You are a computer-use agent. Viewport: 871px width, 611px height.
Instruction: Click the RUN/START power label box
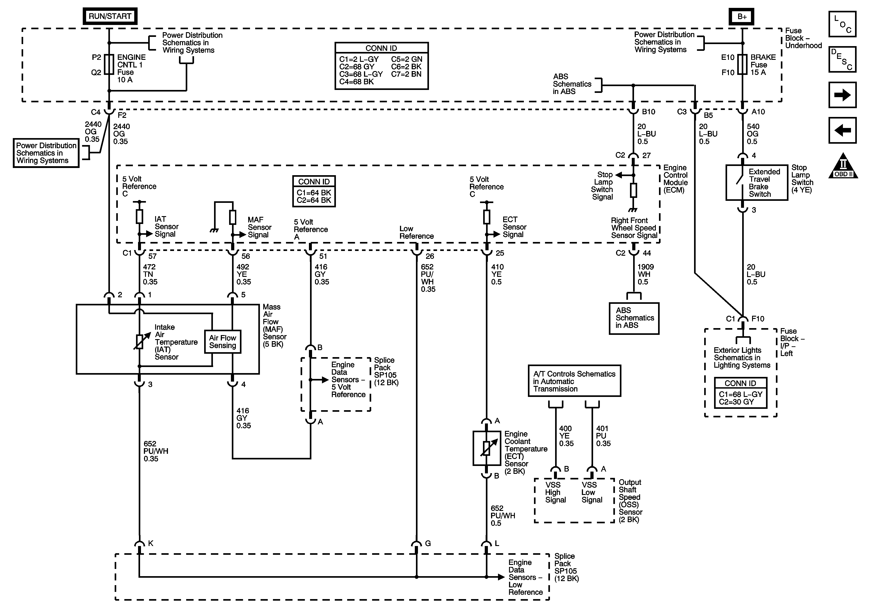coord(110,16)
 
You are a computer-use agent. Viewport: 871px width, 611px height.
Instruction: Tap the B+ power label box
coord(742,17)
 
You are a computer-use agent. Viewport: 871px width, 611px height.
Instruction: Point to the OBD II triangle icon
coord(843,166)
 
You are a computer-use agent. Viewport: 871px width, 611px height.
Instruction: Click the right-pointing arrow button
coord(842,95)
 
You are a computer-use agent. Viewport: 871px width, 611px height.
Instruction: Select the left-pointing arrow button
coord(842,130)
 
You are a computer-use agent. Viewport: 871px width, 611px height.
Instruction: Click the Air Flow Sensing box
coord(223,342)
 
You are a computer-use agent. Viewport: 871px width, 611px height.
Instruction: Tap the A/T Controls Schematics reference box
coord(574,381)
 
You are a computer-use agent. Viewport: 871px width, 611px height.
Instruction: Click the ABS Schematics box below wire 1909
coord(634,318)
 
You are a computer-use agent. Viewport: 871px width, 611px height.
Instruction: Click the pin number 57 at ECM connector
coord(152,256)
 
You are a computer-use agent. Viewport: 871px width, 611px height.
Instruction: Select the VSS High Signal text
coord(555,492)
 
